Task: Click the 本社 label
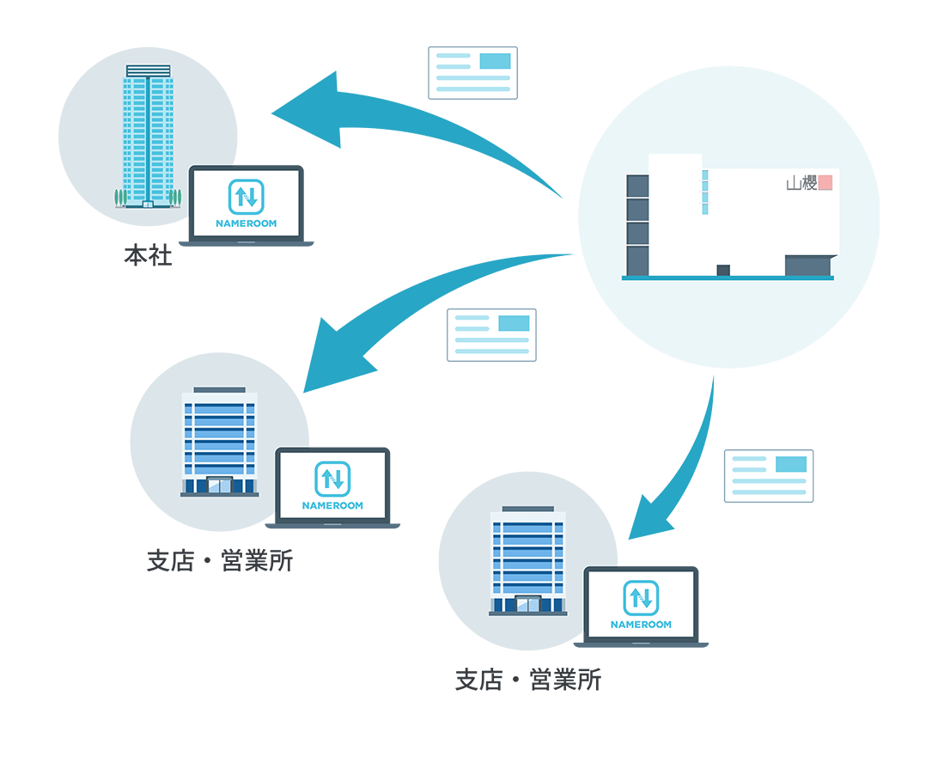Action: click(x=148, y=256)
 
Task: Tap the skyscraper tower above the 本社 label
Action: click(x=149, y=137)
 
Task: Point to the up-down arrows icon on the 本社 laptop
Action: click(x=247, y=197)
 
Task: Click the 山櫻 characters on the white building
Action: click(x=801, y=183)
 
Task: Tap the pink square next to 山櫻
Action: click(x=825, y=183)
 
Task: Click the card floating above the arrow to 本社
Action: click(x=472, y=73)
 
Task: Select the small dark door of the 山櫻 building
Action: click(x=723, y=270)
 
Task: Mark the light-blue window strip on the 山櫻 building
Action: click(x=705, y=192)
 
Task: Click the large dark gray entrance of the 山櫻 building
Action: click(x=808, y=266)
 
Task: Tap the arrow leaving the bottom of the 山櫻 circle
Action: click(x=687, y=464)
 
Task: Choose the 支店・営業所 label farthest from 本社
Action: click(x=527, y=681)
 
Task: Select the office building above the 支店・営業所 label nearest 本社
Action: click(x=219, y=443)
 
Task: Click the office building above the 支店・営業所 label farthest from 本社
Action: click(x=527, y=560)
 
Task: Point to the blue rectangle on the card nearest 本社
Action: click(x=495, y=61)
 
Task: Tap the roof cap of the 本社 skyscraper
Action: click(x=149, y=70)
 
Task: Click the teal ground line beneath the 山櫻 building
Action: click(x=728, y=278)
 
